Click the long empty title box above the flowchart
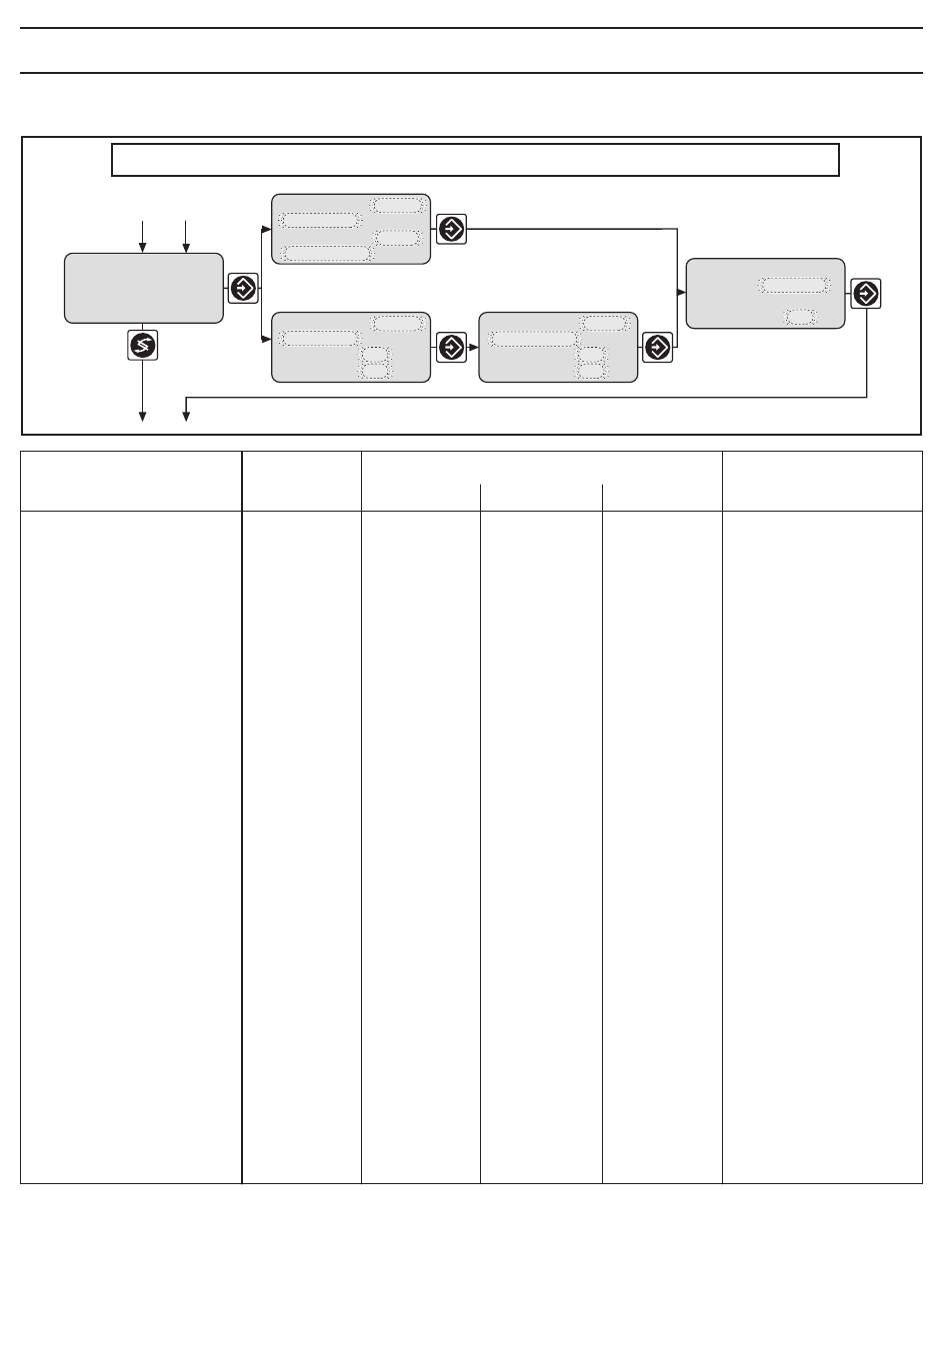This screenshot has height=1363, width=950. pyautogui.click(x=475, y=160)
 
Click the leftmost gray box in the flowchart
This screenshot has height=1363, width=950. pyautogui.click(x=143, y=288)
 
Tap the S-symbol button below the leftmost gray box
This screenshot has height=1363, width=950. pyautogui.click(x=143, y=346)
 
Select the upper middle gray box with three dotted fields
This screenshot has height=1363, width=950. pyautogui.click(x=351, y=229)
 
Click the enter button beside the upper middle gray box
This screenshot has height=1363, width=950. pyautogui.click(x=451, y=229)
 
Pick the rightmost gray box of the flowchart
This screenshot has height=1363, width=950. pyautogui.click(x=765, y=294)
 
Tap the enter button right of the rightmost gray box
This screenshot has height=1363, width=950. pyautogui.click(x=866, y=294)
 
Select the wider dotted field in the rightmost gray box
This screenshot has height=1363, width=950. pyautogui.click(x=794, y=285)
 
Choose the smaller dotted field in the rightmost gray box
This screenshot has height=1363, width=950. pyautogui.click(x=799, y=317)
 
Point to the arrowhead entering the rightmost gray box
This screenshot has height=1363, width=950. pyautogui.click(x=681, y=293)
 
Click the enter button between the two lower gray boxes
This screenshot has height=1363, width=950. pyautogui.click(x=451, y=348)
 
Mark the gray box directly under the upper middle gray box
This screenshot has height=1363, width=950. pyautogui.click(x=351, y=347)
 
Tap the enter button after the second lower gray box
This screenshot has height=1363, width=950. pyautogui.click(x=657, y=348)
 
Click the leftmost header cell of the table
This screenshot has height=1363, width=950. pyautogui.click(x=131, y=482)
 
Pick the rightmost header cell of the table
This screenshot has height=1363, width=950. pyautogui.click(x=822, y=482)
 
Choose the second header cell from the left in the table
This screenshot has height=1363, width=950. pyautogui.click(x=301, y=482)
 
